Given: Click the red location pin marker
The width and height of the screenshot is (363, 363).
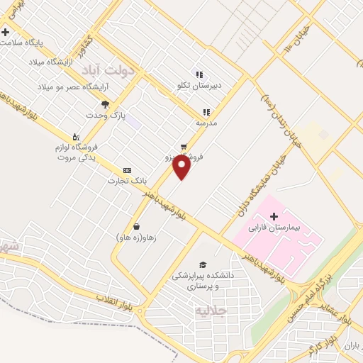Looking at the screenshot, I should coord(182,167).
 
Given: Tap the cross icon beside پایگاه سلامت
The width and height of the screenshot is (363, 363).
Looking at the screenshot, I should coord(6,32).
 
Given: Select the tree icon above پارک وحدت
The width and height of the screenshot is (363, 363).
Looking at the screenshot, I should coord(106,104).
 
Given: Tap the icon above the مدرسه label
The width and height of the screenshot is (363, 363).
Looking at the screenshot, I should coord(206,112).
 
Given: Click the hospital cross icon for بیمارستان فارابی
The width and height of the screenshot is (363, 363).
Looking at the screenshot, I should coord(274,216).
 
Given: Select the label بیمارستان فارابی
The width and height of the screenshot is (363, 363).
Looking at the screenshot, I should coord(283,229).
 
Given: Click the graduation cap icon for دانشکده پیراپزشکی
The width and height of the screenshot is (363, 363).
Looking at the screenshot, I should coord(204,264).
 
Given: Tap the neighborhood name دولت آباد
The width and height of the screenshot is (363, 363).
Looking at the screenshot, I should coord(108,71).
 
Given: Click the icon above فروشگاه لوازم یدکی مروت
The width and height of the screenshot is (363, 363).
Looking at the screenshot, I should coord(77,136).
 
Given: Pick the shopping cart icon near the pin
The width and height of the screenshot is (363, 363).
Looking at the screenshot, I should coord(184,143).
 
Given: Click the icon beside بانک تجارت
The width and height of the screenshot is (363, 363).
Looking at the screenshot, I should coord(127,170).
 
